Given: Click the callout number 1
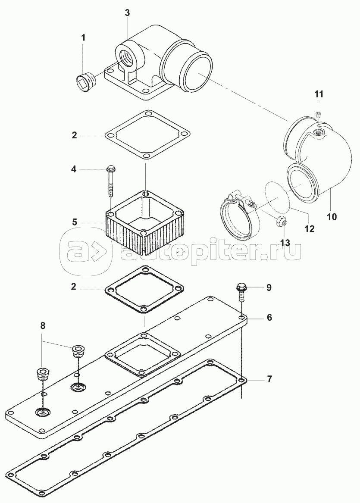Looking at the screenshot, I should click(84, 37).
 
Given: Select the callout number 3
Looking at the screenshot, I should click(127, 13).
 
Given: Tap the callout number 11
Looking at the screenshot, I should click(318, 94).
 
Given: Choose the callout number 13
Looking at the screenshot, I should click(285, 243).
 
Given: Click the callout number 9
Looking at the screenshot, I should click(269, 287).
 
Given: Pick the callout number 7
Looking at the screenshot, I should click(269, 379).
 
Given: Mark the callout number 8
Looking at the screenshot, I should click(42, 326).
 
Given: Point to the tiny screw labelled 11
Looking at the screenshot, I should click(318, 114).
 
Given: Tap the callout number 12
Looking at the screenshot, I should click(310, 228).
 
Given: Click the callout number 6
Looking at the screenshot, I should click(269, 317).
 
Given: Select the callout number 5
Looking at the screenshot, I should click(75, 222).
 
